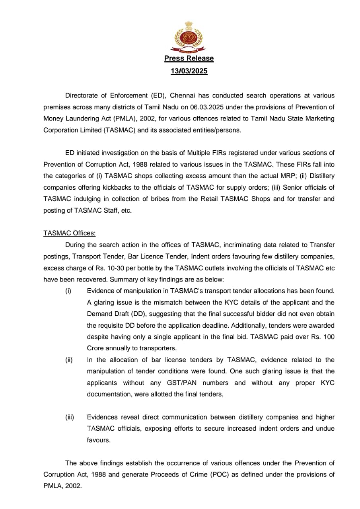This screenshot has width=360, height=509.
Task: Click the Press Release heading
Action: point(189,58)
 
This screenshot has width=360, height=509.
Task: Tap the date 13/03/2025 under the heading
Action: point(189,71)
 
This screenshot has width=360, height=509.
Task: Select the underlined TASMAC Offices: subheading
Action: point(69,233)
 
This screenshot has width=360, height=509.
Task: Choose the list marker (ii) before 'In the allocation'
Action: point(69,360)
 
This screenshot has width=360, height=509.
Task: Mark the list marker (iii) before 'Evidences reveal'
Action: point(70,417)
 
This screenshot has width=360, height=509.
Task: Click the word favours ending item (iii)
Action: point(98,440)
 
